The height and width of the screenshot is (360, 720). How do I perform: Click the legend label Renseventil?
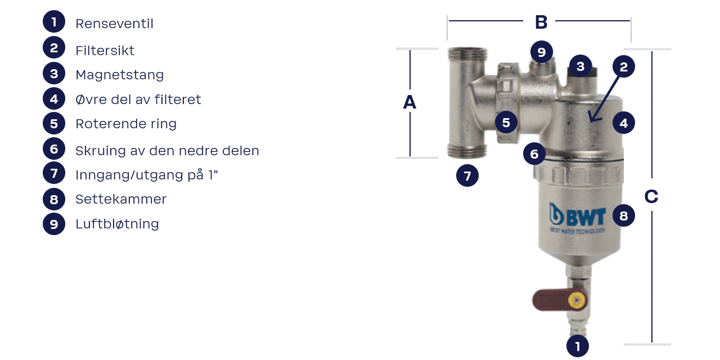pyautogui.click(x=114, y=24)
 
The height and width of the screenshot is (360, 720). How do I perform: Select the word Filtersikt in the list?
pyautogui.click(x=105, y=51)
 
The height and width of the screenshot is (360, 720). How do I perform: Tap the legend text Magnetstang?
pyautogui.click(x=119, y=75)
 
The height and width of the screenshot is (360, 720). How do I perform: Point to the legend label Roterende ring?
pyautogui.click(x=125, y=124)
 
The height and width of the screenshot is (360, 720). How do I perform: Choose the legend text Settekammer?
pyautogui.click(x=121, y=199)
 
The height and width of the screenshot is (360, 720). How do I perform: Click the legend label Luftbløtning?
pyautogui.click(x=117, y=224)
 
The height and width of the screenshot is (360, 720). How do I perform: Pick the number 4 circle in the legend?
pyautogui.click(x=54, y=99)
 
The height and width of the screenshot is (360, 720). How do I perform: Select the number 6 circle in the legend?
pyautogui.click(x=54, y=148)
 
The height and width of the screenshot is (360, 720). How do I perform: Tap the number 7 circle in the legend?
pyautogui.click(x=54, y=173)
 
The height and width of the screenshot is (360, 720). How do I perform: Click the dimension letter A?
pyautogui.click(x=409, y=102)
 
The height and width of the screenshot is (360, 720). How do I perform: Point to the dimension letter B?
pyautogui.click(x=541, y=22)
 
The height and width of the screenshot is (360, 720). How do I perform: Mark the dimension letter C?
pyautogui.click(x=651, y=196)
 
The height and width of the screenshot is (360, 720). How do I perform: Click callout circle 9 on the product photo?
pyautogui.click(x=541, y=52)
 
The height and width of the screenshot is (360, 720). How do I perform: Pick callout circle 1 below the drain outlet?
pyautogui.click(x=577, y=345)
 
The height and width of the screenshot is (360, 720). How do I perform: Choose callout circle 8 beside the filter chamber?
pyautogui.click(x=623, y=215)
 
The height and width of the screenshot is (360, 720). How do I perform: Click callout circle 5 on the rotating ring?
pyautogui.click(x=506, y=122)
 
